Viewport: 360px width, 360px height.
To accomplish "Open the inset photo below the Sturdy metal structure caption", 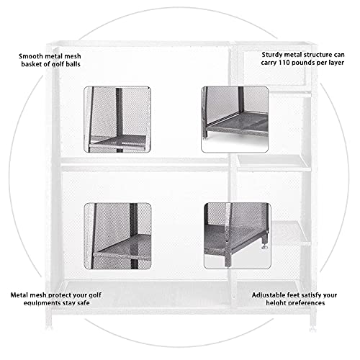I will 235,119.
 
